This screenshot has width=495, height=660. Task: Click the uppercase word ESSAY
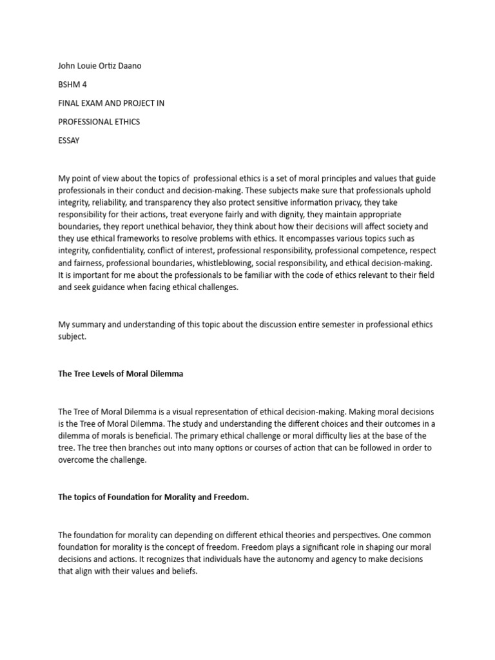point(69,141)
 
